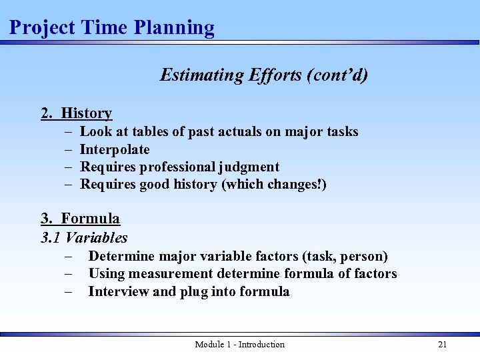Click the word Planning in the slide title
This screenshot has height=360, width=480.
[174, 28]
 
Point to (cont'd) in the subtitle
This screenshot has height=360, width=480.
[337, 75]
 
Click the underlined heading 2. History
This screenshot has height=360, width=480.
[76, 113]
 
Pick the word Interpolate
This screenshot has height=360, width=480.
[115, 149]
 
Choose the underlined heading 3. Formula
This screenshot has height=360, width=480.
[80, 219]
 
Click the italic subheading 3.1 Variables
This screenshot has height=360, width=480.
[84, 237]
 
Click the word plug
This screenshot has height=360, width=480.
[194, 292]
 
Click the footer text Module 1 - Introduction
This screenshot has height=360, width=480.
[239, 345]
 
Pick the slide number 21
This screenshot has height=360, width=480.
[442, 345]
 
